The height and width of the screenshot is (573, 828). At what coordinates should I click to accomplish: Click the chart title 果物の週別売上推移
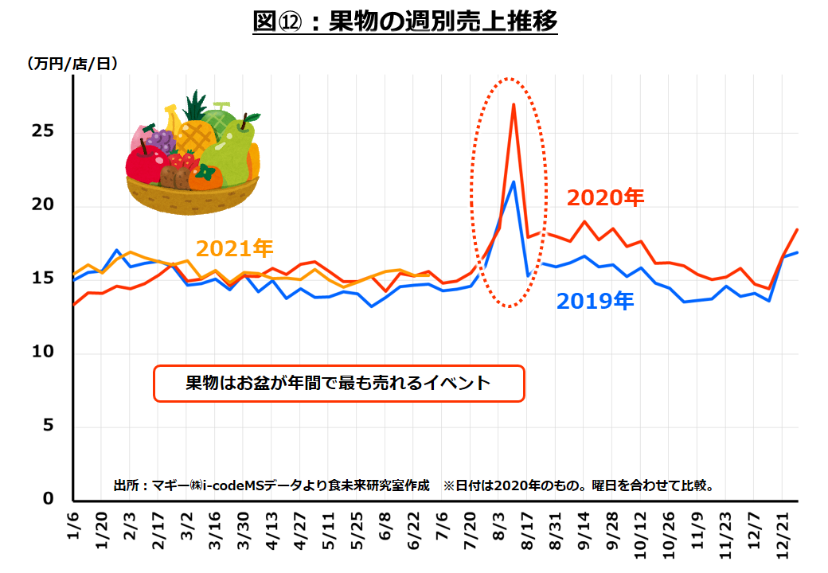(x=404, y=21)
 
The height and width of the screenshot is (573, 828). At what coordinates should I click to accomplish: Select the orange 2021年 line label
(x=235, y=249)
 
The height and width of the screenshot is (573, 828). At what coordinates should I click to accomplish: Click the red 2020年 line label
(x=605, y=197)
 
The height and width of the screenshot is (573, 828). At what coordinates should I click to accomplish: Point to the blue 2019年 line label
(x=595, y=302)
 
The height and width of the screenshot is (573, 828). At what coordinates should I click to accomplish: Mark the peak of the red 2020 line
(x=514, y=104)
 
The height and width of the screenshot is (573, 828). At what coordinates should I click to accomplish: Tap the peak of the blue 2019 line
(x=514, y=181)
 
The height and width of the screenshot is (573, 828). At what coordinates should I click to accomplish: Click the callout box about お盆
(x=338, y=384)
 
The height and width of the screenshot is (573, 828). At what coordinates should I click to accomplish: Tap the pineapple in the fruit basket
(x=195, y=131)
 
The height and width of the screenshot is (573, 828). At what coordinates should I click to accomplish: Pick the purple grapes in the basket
(x=161, y=141)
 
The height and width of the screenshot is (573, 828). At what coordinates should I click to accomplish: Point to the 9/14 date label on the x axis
(x=585, y=535)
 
